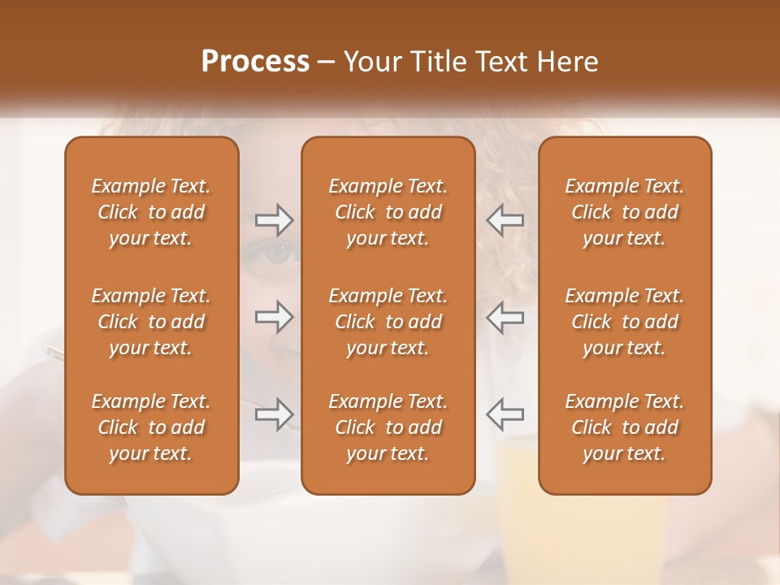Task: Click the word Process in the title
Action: (255, 62)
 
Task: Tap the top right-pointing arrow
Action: (274, 219)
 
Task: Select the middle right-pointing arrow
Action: (274, 317)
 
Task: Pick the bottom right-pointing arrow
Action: (274, 414)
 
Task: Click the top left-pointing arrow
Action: (505, 219)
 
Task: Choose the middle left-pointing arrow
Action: (505, 317)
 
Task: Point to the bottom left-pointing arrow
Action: (505, 414)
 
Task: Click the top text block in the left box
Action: (151, 212)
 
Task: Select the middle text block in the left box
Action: (151, 322)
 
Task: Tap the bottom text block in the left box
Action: (151, 427)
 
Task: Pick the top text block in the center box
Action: (388, 212)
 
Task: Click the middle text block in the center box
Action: (388, 322)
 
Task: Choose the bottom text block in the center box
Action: (388, 427)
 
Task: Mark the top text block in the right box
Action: (625, 212)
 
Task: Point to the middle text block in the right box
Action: (625, 322)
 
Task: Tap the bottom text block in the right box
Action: (625, 427)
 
